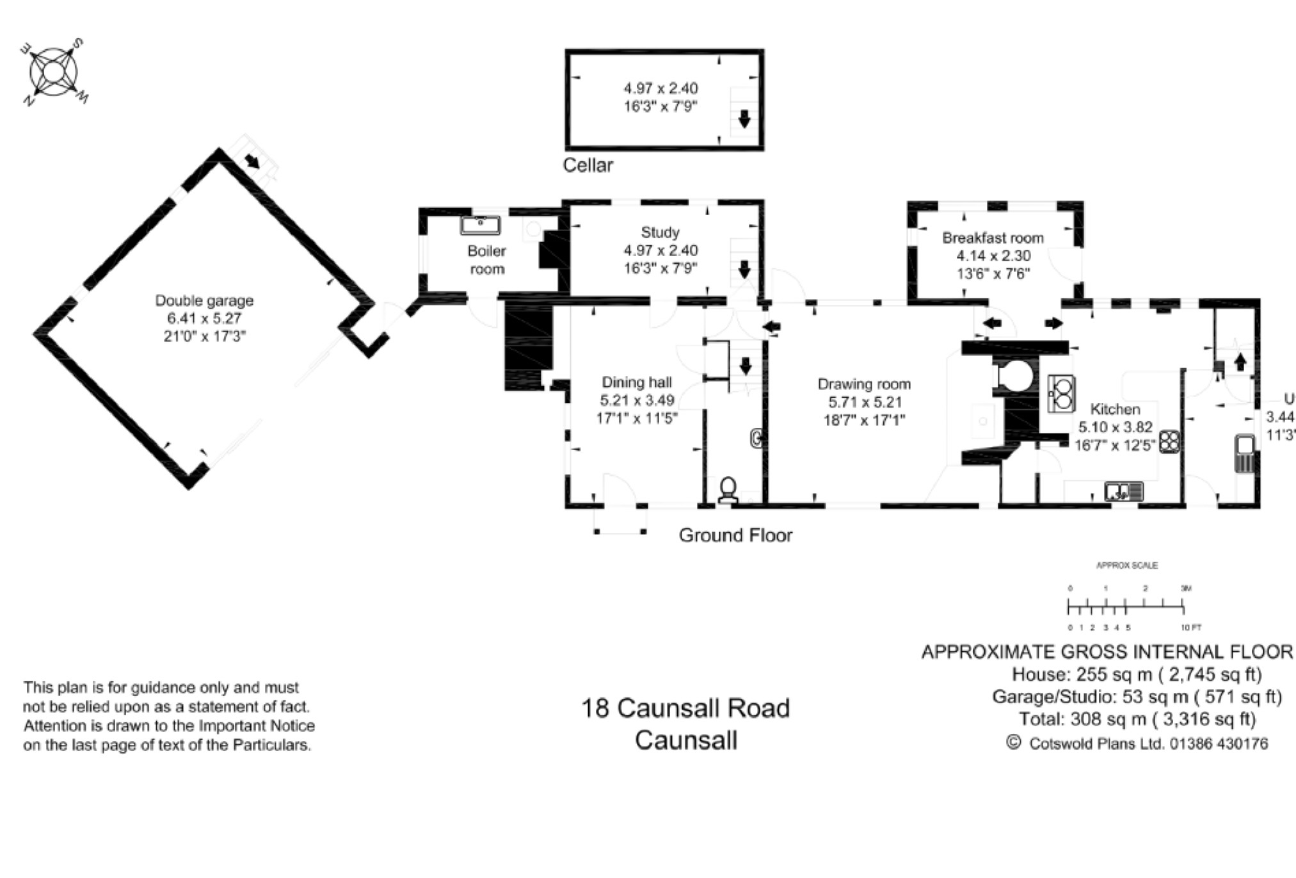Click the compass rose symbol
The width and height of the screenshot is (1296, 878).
[x=54, y=72]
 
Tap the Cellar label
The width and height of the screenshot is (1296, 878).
[x=588, y=165]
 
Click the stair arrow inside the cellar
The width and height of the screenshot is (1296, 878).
[x=744, y=118]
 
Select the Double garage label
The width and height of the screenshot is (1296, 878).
[x=204, y=300]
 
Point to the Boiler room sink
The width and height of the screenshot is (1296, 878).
[x=480, y=225]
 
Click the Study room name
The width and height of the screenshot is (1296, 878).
[x=660, y=232]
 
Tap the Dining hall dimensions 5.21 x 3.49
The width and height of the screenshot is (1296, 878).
[x=637, y=401]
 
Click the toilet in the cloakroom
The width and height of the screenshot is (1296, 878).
[x=728, y=490]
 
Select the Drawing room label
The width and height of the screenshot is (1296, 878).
[x=864, y=384]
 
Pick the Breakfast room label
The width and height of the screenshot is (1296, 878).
[x=993, y=238]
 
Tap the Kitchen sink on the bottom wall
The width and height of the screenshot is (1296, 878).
[x=1123, y=492]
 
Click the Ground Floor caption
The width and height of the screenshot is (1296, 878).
[x=735, y=535]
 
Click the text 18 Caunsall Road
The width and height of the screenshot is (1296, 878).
[x=685, y=708]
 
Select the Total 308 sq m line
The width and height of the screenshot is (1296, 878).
[x=1137, y=719]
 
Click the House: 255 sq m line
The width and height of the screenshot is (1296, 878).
[x=1137, y=674]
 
